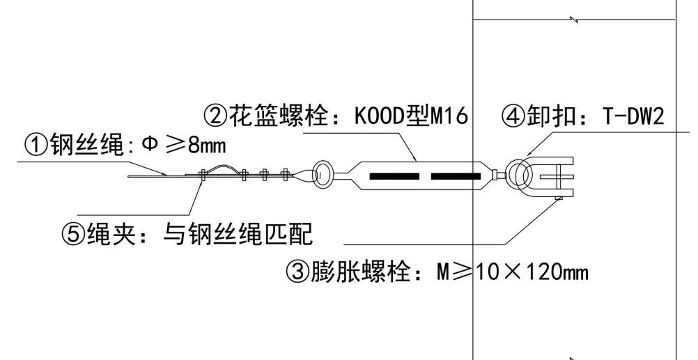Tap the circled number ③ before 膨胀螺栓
tap(297, 269)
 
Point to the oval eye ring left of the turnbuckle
tap(323, 174)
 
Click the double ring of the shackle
tap(520, 174)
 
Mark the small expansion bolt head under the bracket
tap(559, 199)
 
